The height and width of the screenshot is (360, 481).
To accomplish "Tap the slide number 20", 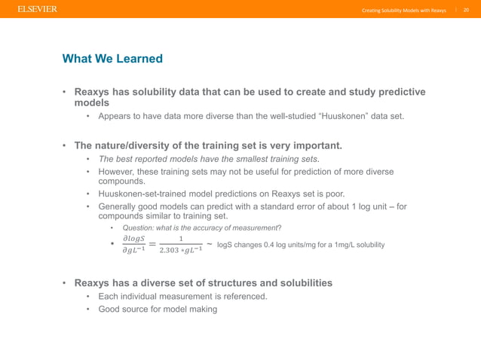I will pos(465,10).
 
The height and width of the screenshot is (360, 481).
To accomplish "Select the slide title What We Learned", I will pos(112,59).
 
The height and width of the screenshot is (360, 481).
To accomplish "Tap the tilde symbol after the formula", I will pos(209,244).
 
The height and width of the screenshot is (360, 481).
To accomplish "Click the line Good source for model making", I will pos(158,309).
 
